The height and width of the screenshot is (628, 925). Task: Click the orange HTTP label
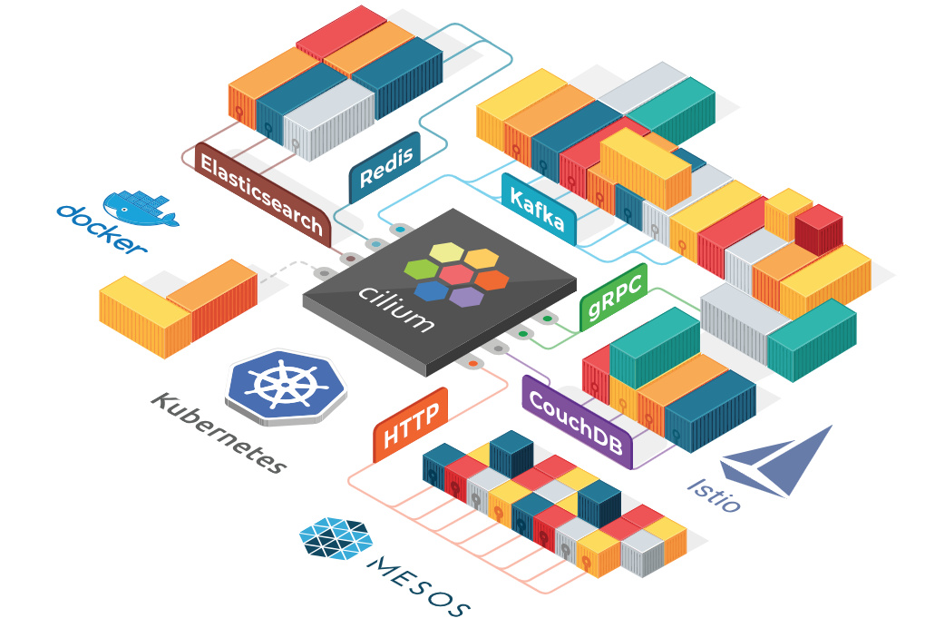coord(411,427)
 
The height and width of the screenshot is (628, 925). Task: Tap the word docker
coord(101,230)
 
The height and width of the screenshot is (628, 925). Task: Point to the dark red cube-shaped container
coord(818,231)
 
